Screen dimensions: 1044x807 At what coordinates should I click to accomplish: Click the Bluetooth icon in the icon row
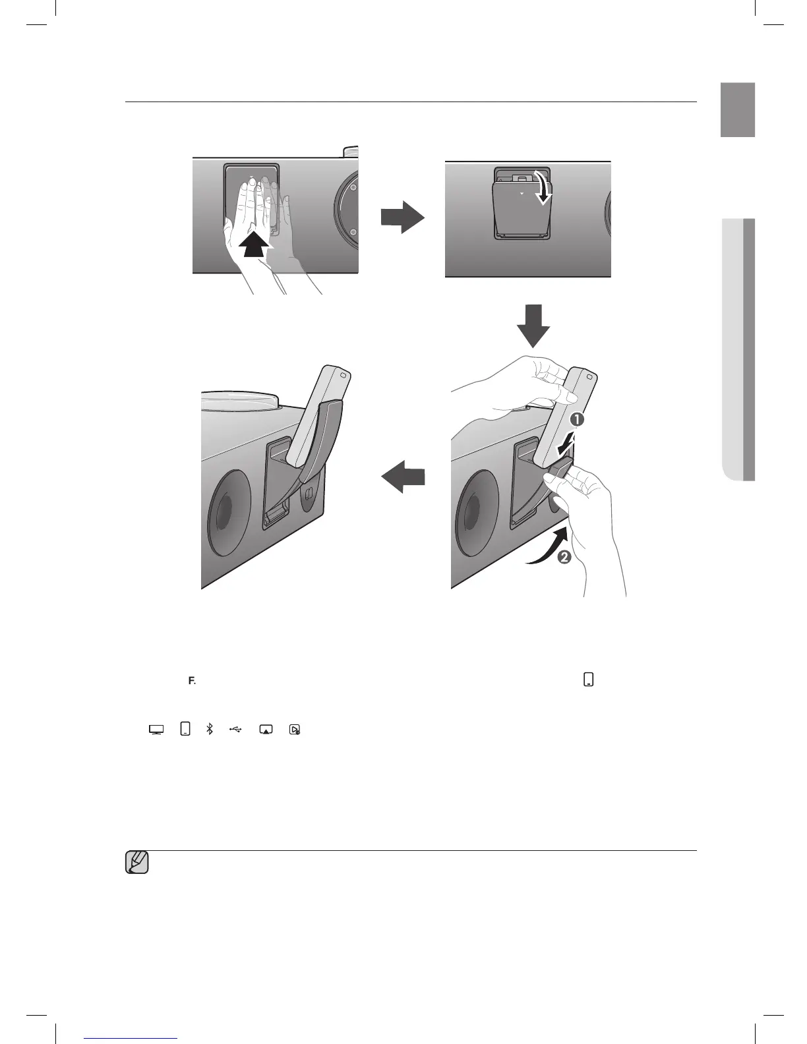210,730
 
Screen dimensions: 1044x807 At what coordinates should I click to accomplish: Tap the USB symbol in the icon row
236,730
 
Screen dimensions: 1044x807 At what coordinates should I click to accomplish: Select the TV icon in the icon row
156,730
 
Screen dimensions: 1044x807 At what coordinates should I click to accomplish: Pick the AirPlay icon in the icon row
266,730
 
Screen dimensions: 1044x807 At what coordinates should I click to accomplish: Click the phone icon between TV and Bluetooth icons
185,730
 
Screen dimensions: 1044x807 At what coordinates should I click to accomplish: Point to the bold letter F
191,681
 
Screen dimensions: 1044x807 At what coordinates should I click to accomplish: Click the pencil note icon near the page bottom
136,863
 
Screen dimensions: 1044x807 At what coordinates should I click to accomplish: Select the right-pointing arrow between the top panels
402,217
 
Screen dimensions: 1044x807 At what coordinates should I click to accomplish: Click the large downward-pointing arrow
533,326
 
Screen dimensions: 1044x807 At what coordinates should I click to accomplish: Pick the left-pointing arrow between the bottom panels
403,475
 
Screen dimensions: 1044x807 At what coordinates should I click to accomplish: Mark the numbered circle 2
564,558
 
